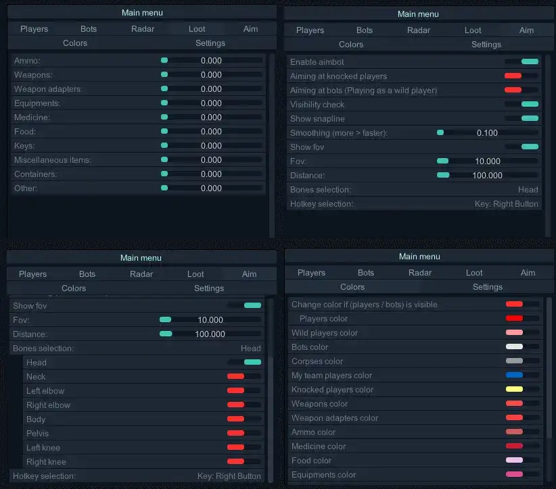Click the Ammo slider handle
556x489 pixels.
(164, 61)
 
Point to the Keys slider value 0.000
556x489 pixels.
(211, 146)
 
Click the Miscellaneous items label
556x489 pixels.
(52, 160)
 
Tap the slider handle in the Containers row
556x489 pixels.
(164, 174)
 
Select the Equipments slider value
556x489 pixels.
(211, 103)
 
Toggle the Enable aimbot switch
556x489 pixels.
(530, 62)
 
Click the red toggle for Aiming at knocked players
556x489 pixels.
(513, 76)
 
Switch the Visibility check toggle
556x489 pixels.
(530, 105)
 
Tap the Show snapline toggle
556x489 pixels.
(530, 119)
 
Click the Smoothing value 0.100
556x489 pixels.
(487, 133)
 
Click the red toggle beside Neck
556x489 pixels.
(235, 377)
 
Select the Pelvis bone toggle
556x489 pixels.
(235, 434)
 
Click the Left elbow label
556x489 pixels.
(45, 391)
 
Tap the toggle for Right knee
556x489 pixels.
(235, 462)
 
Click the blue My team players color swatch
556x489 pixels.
(514, 376)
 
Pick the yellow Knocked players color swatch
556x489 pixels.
(514, 390)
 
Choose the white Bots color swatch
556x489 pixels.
(514, 347)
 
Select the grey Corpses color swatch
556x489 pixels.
(514, 361)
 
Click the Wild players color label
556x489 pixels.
(325, 333)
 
